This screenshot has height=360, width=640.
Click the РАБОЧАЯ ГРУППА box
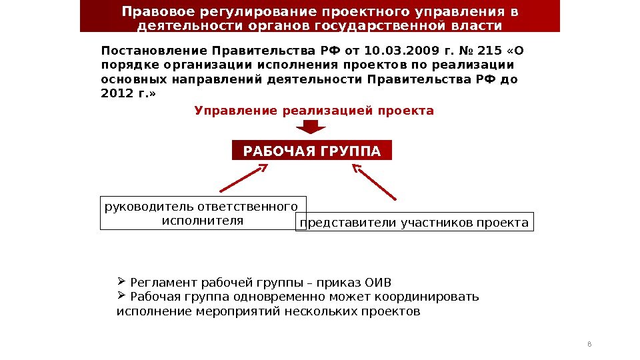point(312,151)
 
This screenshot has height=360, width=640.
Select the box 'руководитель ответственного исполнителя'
point(203,213)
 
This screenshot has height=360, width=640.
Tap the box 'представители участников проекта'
point(414,223)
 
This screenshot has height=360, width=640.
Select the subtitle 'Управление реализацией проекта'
point(314,111)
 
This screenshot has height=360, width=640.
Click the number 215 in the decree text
point(489,51)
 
